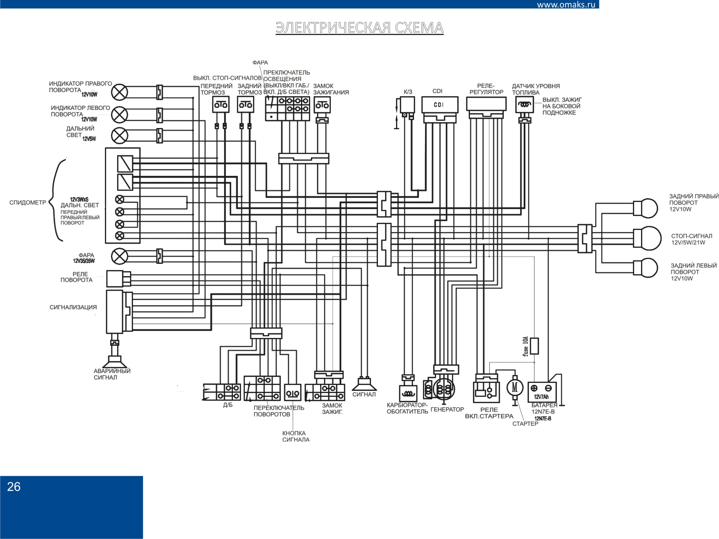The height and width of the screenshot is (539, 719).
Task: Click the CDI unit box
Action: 440,105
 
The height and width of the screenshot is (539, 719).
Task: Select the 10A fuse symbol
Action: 534,346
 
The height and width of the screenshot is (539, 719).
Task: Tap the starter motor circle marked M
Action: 515,388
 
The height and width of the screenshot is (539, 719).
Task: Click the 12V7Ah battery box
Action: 542,392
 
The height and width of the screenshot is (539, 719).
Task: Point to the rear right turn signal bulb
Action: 646,208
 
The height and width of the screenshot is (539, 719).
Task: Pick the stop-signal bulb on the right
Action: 647,239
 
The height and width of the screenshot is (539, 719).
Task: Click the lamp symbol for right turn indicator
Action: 119,92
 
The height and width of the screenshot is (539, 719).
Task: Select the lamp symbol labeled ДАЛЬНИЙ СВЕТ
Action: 119,135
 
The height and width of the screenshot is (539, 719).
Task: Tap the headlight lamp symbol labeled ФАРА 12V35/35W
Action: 119,256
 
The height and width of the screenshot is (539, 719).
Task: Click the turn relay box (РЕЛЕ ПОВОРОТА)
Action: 118,278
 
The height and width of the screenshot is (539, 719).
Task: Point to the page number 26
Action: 14,487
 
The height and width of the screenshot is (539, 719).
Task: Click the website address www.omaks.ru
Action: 566,4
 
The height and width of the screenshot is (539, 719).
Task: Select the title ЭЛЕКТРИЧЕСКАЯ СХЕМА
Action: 360,28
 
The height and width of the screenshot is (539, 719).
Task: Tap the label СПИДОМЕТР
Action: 28,203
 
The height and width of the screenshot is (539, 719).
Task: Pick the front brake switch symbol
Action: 221,105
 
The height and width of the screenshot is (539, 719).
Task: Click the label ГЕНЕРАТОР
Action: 447,409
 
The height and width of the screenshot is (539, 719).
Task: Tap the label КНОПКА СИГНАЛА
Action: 296,436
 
